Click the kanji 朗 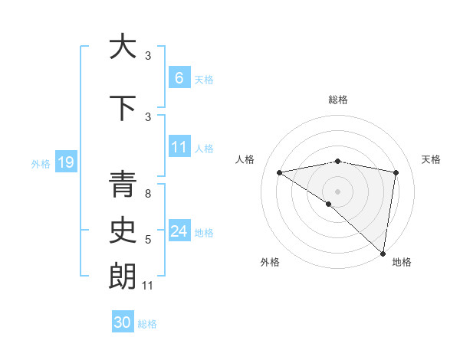click(x=123, y=277)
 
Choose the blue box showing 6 click(x=179, y=78)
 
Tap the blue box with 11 click(x=179, y=147)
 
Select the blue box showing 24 click(x=179, y=231)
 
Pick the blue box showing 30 click(x=123, y=322)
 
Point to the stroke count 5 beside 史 click(x=147, y=241)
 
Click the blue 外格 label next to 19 click(x=41, y=163)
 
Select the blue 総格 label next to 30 click(x=147, y=324)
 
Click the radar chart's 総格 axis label click(x=338, y=100)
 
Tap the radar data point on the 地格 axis click(x=383, y=252)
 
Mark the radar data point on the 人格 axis click(x=280, y=172)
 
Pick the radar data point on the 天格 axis click(x=396, y=172)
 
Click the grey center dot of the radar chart click(x=338, y=191)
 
